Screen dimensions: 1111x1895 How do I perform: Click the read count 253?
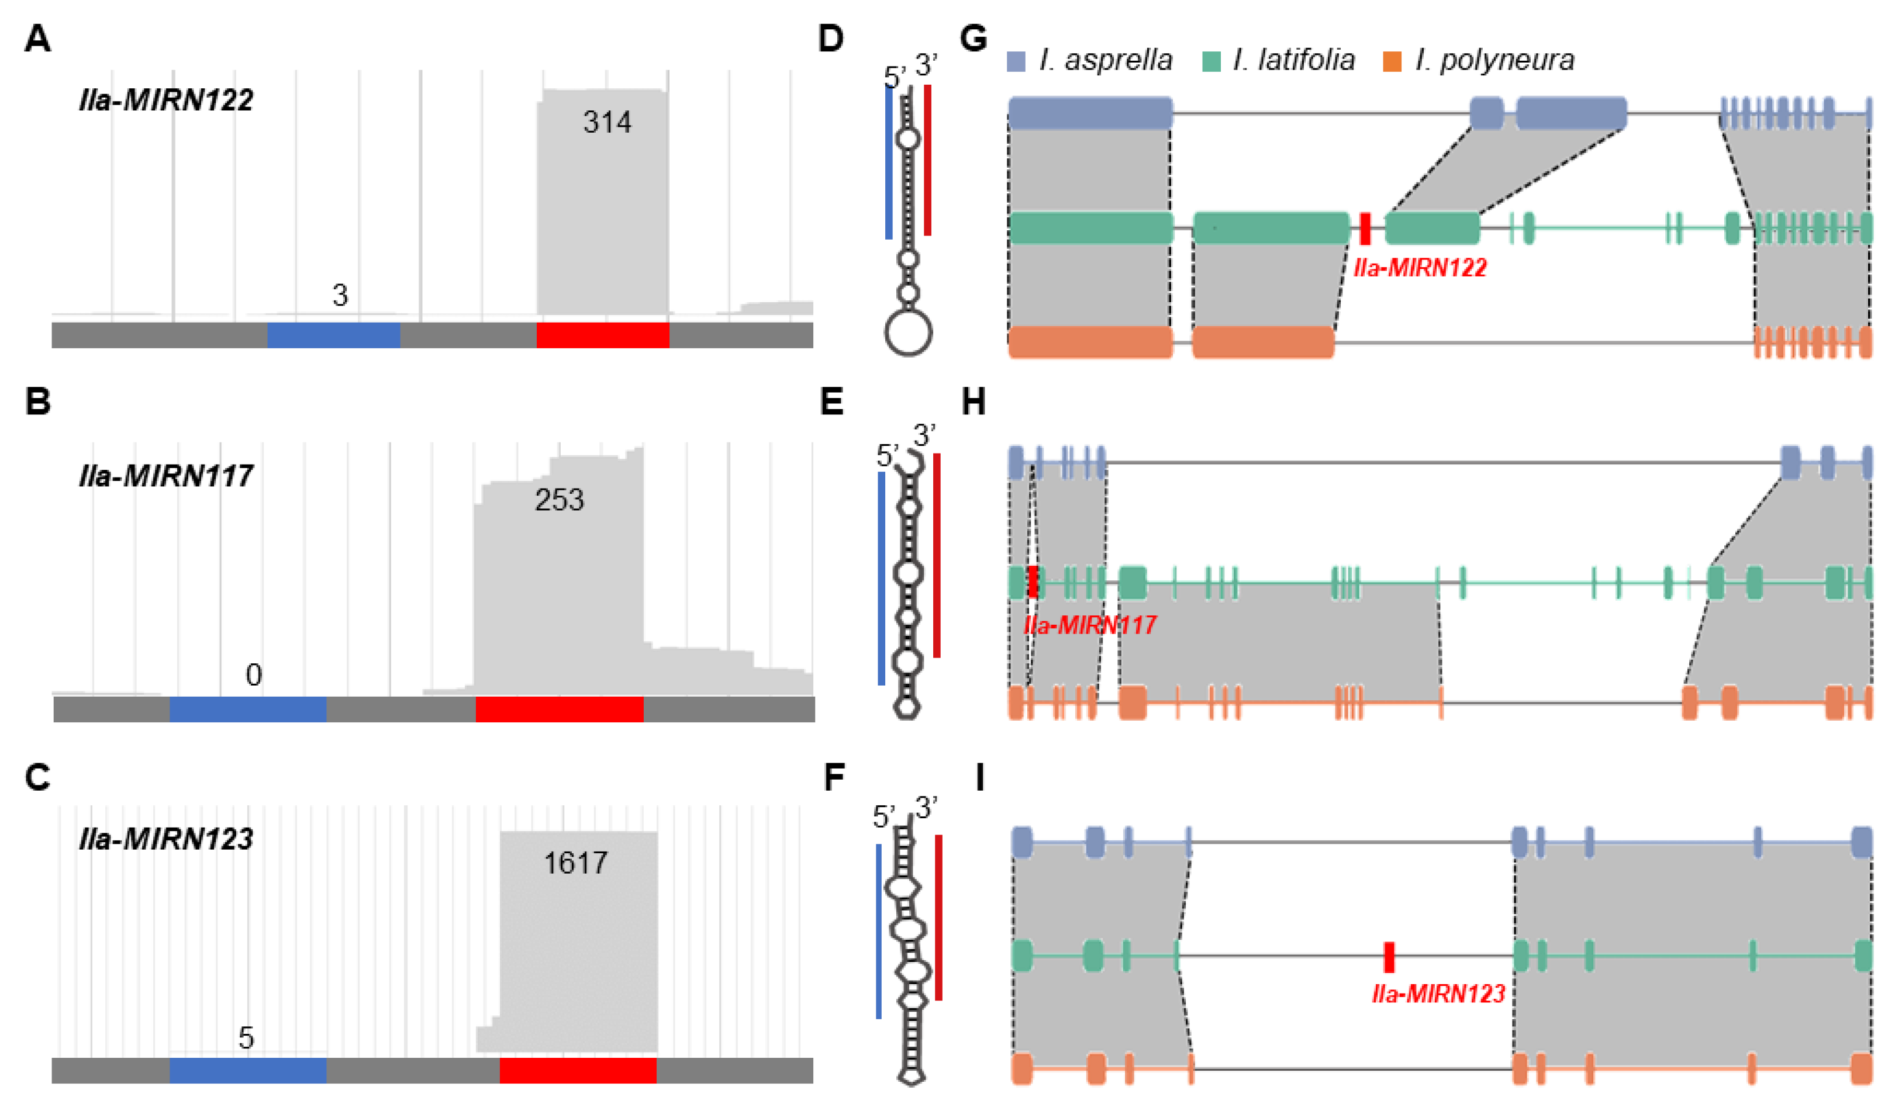pyautogui.click(x=559, y=500)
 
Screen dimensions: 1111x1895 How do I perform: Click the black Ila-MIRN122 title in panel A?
pyautogui.click(x=166, y=100)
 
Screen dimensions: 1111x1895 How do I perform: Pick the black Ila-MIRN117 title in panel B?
pyautogui.click(x=166, y=476)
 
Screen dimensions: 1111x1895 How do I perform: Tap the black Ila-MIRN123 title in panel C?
pyautogui.click(x=166, y=839)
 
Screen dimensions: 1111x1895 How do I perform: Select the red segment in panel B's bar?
pyautogui.click(x=559, y=709)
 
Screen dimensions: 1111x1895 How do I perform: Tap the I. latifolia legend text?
pyautogui.click(x=1293, y=60)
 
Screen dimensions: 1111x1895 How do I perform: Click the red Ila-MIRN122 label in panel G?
pyautogui.click(x=1420, y=268)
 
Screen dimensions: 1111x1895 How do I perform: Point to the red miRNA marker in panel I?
pyautogui.click(x=1389, y=957)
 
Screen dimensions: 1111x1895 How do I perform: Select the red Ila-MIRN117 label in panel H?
pyautogui.click(x=1090, y=625)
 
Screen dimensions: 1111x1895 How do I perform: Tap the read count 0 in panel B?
pyautogui.click(x=253, y=675)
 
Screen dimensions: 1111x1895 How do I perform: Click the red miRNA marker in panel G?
pyautogui.click(x=1365, y=229)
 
